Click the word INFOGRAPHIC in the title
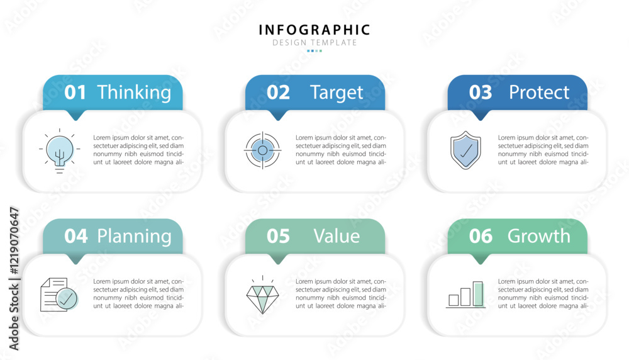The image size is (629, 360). [x=314, y=30]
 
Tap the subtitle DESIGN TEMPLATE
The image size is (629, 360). [x=314, y=43]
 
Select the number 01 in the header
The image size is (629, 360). [x=75, y=93]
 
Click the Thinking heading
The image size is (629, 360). [x=134, y=93]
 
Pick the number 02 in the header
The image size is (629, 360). [x=278, y=93]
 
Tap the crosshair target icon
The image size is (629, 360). [x=262, y=150]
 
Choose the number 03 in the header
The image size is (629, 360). [x=480, y=93]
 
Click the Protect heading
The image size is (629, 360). [x=539, y=93]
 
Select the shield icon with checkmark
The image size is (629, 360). [x=465, y=150]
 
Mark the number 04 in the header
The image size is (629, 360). [x=76, y=236]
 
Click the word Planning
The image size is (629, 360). [x=134, y=237]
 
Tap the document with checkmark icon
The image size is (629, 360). [x=59, y=294]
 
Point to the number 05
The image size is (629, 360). [x=278, y=236]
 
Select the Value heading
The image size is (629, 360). [x=337, y=236]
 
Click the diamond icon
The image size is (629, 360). [x=262, y=295]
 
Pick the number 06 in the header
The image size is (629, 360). [x=481, y=236]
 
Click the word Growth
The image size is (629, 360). [x=539, y=236]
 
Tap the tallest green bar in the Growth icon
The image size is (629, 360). [x=478, y=294]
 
